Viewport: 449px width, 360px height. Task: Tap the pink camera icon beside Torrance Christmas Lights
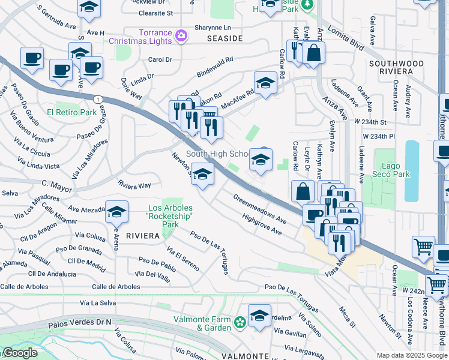pos(181,37)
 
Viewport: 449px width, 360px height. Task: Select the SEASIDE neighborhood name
pos(224,38)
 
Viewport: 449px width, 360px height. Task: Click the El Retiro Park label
pos(72,112)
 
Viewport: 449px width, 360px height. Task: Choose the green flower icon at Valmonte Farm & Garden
pos(240,323)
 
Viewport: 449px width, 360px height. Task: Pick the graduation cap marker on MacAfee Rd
pos(265,83)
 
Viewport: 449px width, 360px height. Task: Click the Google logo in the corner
pos(20,353)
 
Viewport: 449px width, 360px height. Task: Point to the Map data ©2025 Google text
pos(411,355)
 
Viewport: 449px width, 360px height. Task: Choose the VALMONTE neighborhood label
pos(244,356)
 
